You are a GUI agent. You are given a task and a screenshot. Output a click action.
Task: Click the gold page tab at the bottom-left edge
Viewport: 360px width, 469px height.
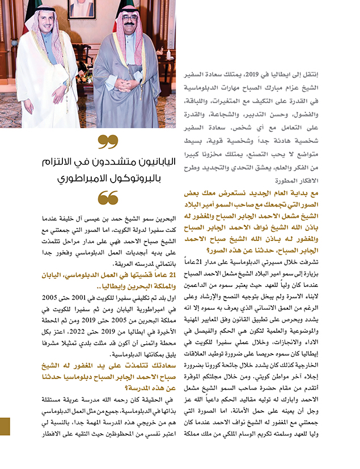click(x=5, y=426)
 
